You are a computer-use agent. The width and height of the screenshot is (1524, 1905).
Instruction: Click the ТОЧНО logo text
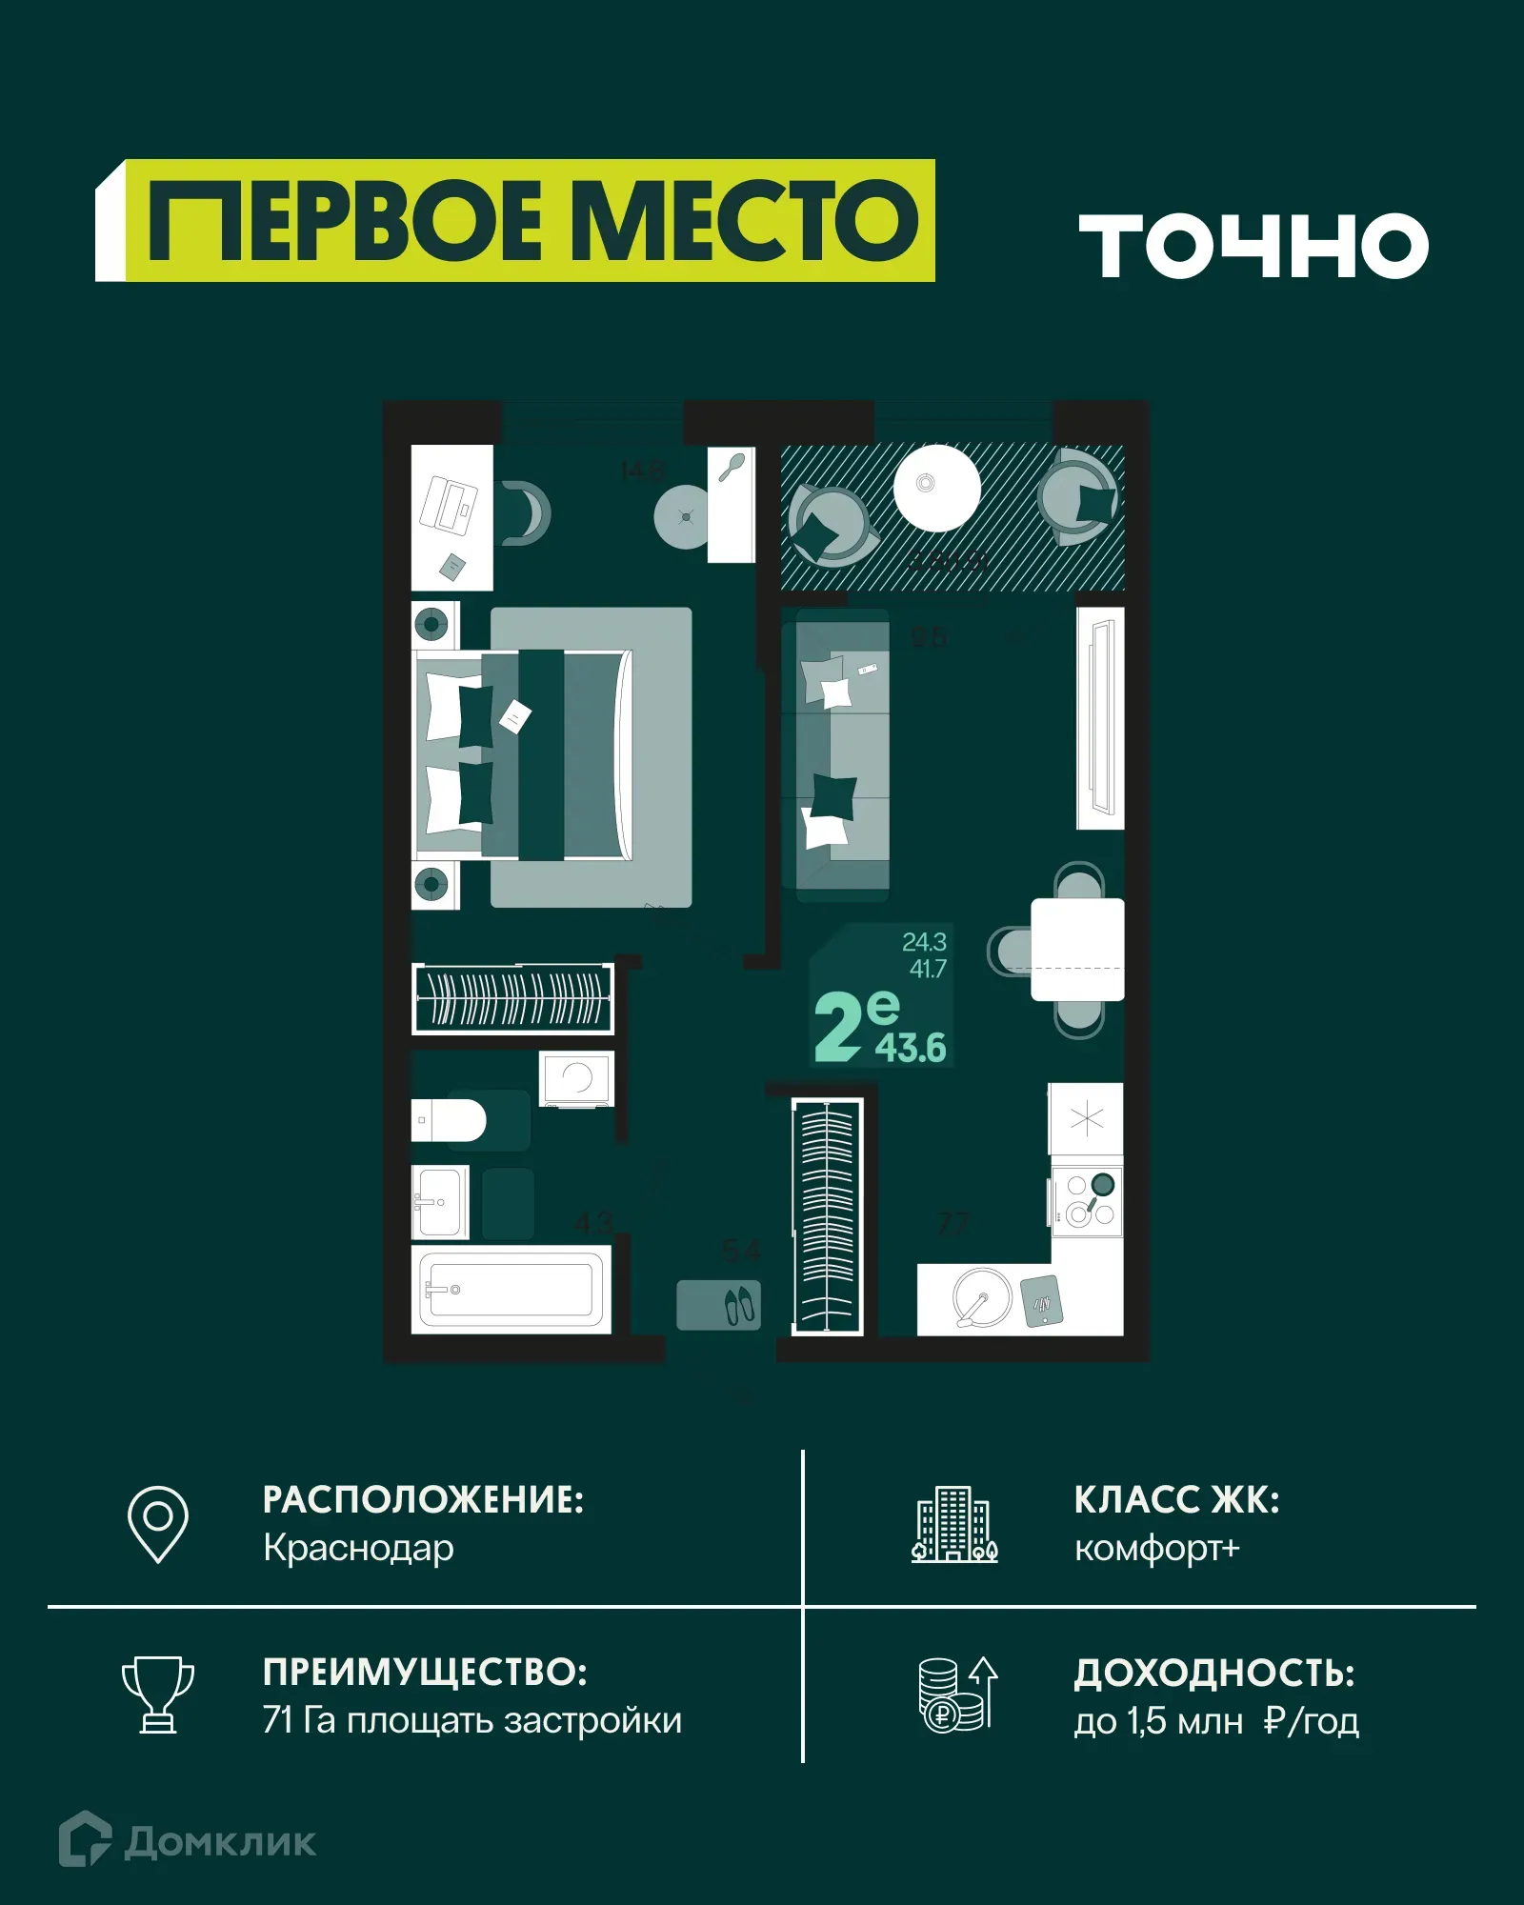(x=1253, y=246)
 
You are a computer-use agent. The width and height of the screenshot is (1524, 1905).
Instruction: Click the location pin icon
(x=158, y=1523)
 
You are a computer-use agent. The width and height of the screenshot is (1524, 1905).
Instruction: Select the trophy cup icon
(x=158, y=1694)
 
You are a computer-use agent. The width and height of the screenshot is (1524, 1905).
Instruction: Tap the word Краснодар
(x=358, y=1548)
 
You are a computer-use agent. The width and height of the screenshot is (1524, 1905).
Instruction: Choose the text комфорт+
(x=1156, y=1548)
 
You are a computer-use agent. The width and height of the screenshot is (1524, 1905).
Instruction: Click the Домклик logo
(x=188, y=1840)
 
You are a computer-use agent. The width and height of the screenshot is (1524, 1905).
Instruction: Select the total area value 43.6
(x=911, y=1048)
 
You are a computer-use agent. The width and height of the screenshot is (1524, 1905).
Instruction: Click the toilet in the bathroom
(x=450, y=1120)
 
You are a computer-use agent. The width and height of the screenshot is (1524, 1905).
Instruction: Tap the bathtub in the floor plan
(x=511, y=1291)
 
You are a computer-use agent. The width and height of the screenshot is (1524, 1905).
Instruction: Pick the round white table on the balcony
(x=936, y=487)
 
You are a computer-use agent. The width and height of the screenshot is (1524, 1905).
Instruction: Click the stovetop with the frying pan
(x=1087, y=1199)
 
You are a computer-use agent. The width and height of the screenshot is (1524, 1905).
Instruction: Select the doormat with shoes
(x=719, y=1305)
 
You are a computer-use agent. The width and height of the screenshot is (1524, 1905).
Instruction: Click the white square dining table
(x=1077, y=950)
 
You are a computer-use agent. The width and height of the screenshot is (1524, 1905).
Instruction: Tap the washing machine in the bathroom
(x=576, y=1078)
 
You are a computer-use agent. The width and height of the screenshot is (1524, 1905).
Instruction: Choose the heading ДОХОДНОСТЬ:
(x=1214, y=1673)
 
